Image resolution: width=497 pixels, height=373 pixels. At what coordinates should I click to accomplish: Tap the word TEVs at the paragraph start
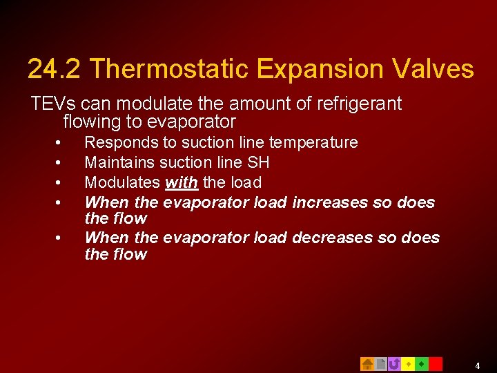point(52,104)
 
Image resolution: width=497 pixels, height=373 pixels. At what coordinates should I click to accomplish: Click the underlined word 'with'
point(182,182)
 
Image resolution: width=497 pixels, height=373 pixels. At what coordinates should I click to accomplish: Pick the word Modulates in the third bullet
point(122,182)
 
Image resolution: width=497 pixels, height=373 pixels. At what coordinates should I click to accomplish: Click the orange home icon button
point(367,364)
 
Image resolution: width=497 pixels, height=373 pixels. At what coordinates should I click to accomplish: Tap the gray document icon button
point(380,364)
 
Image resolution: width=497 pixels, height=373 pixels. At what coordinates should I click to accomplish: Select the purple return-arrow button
point(394,364)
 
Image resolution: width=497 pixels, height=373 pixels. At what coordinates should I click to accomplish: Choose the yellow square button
point(408,364)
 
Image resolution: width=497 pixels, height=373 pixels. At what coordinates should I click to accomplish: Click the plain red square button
point(436,364)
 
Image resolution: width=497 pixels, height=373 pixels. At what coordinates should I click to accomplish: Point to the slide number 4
point(477,365)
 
